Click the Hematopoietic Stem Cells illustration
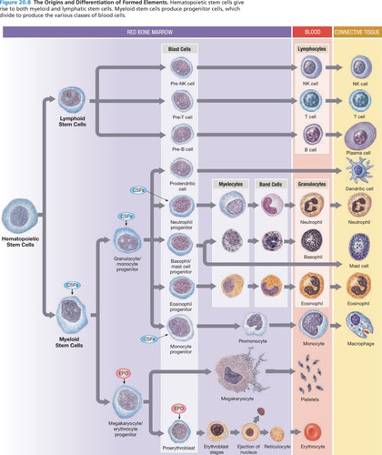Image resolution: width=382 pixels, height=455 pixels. pyautogui.click(x=20, y=216)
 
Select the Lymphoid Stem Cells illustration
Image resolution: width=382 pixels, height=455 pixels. pyautogui.click(x=72, y=100)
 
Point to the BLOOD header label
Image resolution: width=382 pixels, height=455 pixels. pyautogui.click(x=312, y=32)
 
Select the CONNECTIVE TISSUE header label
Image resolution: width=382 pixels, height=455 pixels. pyautogui.click(x=357, y=32)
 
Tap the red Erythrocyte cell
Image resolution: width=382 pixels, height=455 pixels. pyautogui.click(x=312, y=432)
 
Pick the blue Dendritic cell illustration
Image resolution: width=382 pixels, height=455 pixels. pyautogui.click(x=359, y=171)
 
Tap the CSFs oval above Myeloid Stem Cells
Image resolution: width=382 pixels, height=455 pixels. pyautogui.click(x=72, y=285)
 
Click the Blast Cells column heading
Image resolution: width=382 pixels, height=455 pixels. pyautogui.click(x=179, y=49)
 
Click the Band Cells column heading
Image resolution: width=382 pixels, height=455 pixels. pyautogui.click(x=270, y=184)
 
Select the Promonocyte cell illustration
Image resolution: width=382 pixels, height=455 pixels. pyautogui.click(x=254, y=323)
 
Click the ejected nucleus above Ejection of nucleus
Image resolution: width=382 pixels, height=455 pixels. pyautogui.click(x=261, y=411)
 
